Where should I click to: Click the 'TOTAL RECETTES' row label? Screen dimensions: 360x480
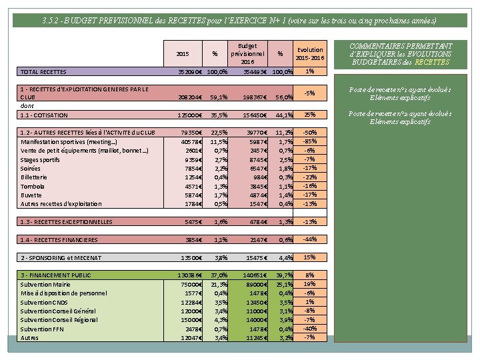pos(43,71)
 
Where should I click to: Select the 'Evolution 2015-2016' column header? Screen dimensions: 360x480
pos(309,53)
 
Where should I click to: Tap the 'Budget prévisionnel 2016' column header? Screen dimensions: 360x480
pos(247,53)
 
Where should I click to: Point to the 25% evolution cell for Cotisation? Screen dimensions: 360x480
pos(309,115)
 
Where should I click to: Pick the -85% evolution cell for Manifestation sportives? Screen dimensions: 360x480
pos(309,141)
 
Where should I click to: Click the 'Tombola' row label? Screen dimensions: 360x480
pos(33,186)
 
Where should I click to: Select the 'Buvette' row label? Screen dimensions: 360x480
pos(32,195)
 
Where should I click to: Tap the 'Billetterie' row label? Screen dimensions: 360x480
pos(34,177)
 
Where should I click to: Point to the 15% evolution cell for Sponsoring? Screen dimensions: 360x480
pos(309,257)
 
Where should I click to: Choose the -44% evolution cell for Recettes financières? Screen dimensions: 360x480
pos(309,239)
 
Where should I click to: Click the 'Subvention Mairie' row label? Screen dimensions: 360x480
pos(47,284)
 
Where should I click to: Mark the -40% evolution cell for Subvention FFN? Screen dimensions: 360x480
pos(309,329)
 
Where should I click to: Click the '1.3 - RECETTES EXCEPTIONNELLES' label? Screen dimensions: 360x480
pos(67,221)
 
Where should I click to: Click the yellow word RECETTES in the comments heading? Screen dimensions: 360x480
pos(433,62)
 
